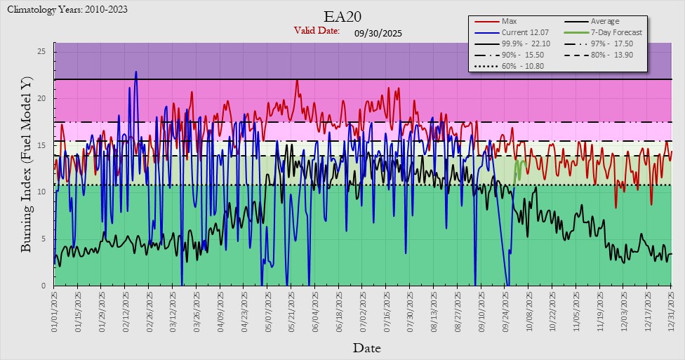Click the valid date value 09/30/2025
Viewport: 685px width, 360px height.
point(378,32)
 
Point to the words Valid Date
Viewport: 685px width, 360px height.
point(317,31)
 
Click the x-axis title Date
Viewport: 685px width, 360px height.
point(366,347)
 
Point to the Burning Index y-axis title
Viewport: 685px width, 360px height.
point(26,166)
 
